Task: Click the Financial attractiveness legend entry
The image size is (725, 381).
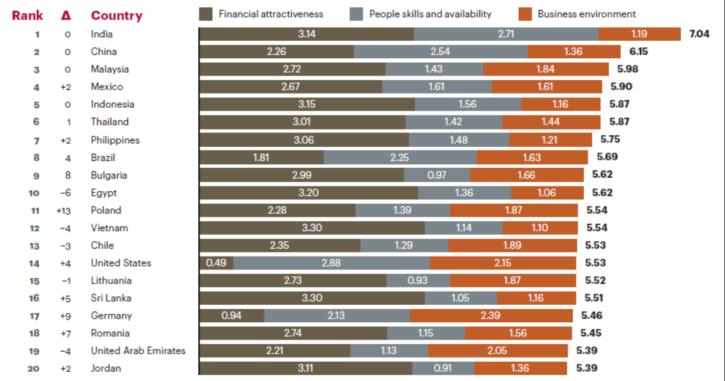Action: (x=270, y=14)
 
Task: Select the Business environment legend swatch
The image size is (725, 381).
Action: (x=525, y=14)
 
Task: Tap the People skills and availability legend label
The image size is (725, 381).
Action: (x=430, y=14)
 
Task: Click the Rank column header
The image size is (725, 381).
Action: (x=27, y=15)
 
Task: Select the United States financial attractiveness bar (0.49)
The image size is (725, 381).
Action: (x=216, y=263)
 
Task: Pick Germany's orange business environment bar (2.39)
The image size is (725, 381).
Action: (x=491, y=315)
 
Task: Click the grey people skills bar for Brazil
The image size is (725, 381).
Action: (x=400, y=158)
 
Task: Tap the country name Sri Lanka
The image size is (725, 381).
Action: (x=111, y=298)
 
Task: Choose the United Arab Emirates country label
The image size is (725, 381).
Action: (x=138, y=350)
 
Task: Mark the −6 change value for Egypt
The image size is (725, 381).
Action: (x=65, y=193)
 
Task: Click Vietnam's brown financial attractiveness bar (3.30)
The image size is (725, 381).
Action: (x=312, y=228)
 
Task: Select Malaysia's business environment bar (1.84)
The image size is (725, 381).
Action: (x=546, y=69)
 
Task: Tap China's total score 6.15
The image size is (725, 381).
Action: (x=639, y=51)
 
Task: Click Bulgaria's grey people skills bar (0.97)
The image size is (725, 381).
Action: (x=436, y=175)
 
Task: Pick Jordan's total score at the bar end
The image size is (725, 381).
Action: (x=582, y=368)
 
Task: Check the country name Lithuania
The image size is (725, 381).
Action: (x=111, y=281)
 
